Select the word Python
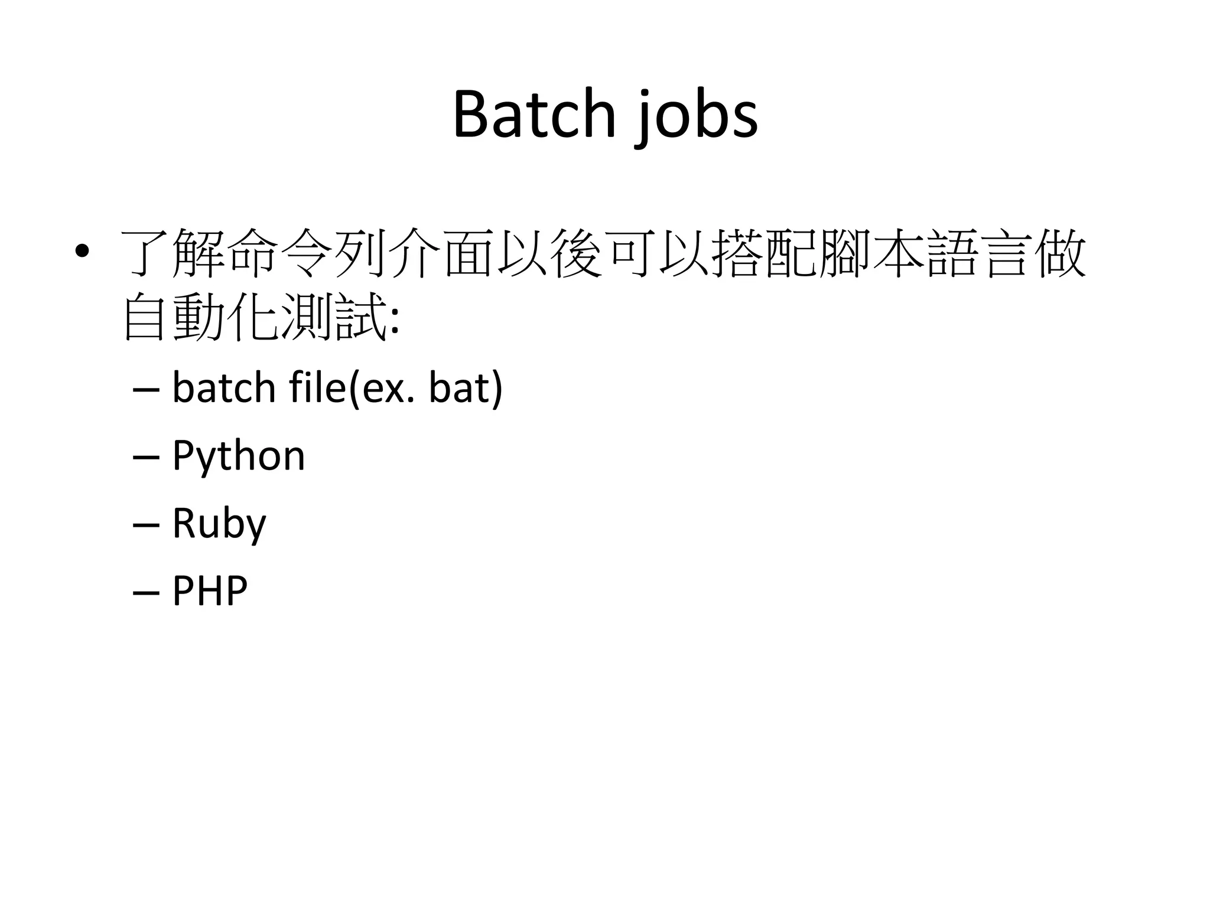[x=238, y=456]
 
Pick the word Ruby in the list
[x=219, y=523]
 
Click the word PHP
[x=209, y=590]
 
